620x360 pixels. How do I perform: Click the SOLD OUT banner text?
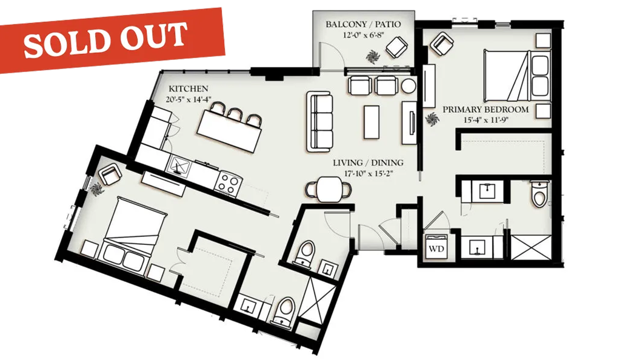105,39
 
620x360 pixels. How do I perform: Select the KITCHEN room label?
188,88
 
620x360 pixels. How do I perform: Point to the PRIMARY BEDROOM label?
485,110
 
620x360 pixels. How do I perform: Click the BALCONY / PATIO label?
363,24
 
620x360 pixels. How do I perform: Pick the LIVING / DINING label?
368,162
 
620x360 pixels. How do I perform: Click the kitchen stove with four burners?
228,182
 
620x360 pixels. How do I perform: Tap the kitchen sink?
180,165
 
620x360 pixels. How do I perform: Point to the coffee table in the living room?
372,121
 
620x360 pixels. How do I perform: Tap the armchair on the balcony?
396,47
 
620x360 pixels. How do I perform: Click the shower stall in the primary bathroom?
531,247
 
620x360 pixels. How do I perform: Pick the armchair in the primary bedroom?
442,44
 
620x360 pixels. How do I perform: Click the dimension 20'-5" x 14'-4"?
188,99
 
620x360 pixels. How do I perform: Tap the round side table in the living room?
408,86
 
